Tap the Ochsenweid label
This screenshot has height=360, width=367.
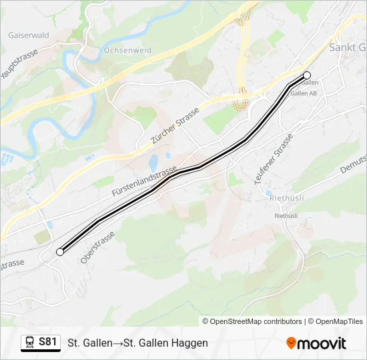click(128, 51)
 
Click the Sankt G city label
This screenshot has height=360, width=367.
click(347, 48)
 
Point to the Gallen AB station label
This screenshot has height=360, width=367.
click(304, 93)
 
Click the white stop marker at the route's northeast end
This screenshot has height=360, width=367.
click(307, 75)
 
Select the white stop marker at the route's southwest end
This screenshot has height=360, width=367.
click(60, 252)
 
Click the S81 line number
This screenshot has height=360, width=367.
click(47, 342)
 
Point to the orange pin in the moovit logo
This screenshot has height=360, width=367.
click(291, 343)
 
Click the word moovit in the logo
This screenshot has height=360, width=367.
click(322, 343)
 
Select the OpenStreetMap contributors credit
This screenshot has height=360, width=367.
click(256, 321)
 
